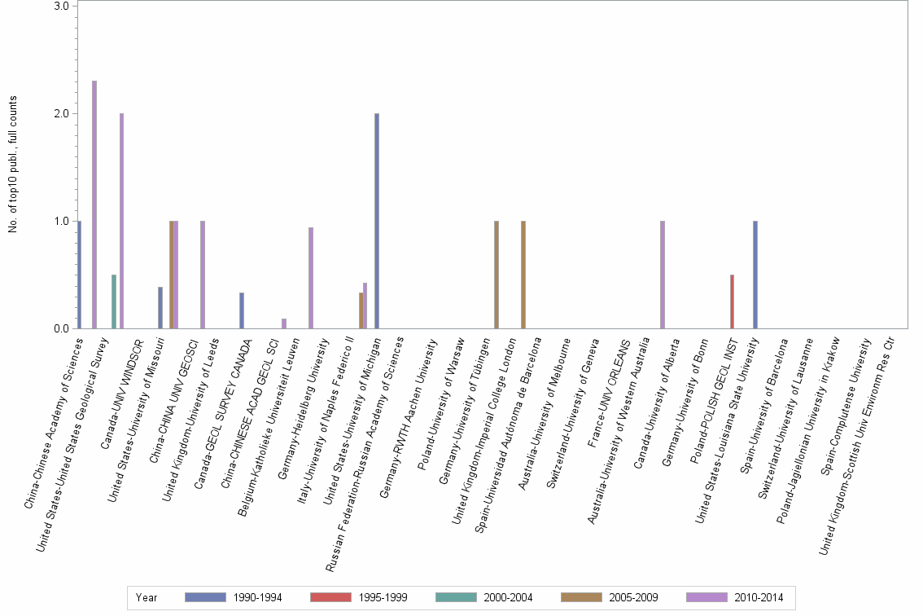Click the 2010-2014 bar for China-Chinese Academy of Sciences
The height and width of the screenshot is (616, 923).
point(94,205)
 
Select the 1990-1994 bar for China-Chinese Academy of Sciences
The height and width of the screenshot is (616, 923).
point(79,275)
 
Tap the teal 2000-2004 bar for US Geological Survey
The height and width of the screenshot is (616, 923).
point(114,301)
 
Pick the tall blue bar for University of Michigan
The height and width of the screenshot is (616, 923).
point(377,221)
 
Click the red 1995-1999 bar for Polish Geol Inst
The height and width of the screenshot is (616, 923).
point(733,301)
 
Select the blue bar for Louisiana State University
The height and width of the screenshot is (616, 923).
point(755,275)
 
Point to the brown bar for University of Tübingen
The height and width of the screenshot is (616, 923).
point(496,275)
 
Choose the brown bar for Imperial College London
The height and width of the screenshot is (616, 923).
point(523,275)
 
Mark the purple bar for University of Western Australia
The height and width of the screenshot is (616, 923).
point(663,275)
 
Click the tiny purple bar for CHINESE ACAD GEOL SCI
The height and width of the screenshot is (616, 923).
point(284,323)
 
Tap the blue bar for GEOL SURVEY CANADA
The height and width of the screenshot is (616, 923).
point(242,310)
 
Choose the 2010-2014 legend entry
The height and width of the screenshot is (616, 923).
point(758,597)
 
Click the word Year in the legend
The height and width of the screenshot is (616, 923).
point(147,597)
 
